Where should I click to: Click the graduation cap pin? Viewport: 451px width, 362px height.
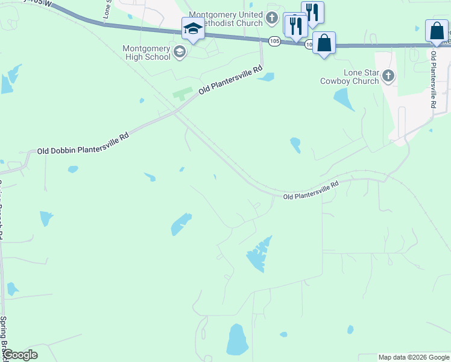pyautogui.click(x=193, y=29)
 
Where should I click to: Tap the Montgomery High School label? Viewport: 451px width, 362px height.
pyautogui.click(x=147, y=52)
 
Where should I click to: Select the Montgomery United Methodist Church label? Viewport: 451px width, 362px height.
pyautogui.click(x=226, y=19)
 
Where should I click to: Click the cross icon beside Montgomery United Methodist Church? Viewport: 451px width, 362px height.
pyautogui.click(x=272, y=18)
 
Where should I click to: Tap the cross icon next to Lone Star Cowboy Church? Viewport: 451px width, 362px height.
pyautogui.click(x=388, y=76)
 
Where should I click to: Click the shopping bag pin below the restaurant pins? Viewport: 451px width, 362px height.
pyautogui.click(x=324, y=43)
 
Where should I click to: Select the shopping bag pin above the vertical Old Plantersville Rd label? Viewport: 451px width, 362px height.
pyautogui.click(x=437, y=31)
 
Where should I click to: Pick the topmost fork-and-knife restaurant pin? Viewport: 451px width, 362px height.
pyautogui.click(x=312, y=13)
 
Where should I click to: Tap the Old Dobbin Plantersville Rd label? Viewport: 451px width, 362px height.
pyautogui.click(x=83, y=145)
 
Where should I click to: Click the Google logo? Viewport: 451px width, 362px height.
pyautogui.click(x=20, y=355)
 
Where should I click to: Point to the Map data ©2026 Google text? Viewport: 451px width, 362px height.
pyautogui.click(x=413, y=357)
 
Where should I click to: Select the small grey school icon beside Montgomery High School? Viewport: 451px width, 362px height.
pyautogui.click(x=179, y=52)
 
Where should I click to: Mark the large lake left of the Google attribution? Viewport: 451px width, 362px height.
pyautogui.click(x=237, y=340)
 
